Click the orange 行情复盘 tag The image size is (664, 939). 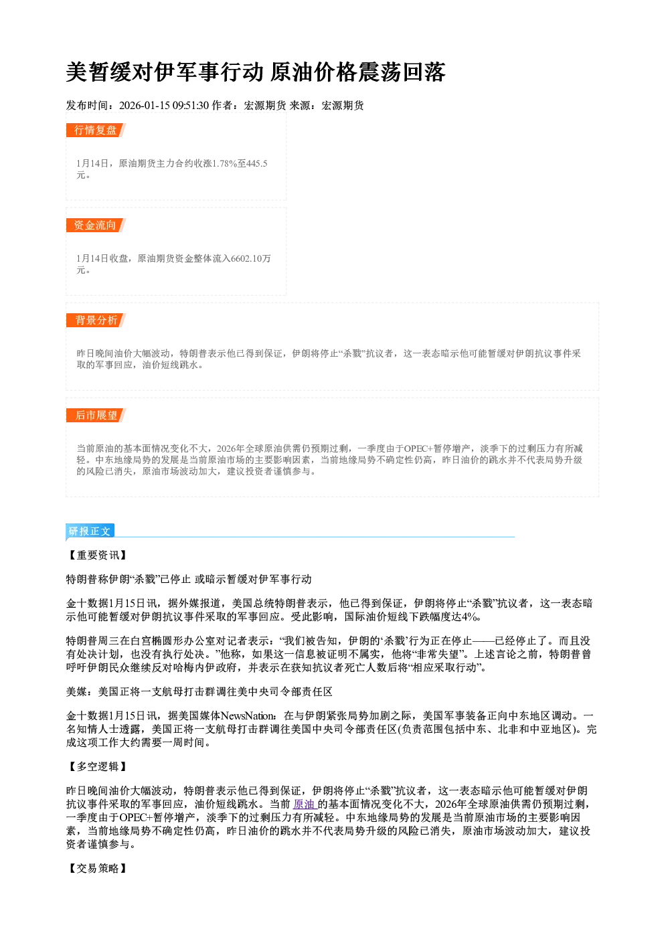point(96,130)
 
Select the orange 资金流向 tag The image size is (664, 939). point(96,225)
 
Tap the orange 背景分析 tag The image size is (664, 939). point(96,321)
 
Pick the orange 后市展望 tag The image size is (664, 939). point(96,416)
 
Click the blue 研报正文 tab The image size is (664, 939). point(90,531)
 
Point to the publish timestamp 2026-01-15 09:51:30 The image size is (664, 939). point(164,106)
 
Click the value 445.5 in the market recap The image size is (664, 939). point(257,163)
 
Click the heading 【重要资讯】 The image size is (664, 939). point(97,556)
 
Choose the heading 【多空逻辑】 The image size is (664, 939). point(97,767)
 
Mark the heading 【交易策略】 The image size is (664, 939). point(97,868)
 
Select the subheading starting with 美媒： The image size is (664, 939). point(199,691)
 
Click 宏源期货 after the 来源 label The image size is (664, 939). point(343,106)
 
